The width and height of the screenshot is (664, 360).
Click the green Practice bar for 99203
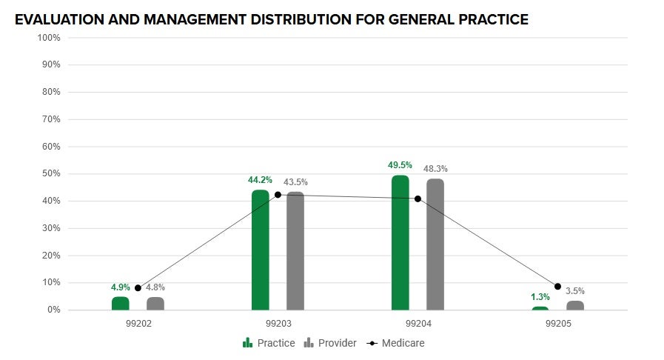260,250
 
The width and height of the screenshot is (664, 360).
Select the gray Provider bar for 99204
435,244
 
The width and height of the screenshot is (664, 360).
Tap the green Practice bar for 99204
400,243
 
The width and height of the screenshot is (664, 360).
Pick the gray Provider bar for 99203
295,251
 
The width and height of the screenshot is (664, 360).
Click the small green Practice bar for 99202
120,304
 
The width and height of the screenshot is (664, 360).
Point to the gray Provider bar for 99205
575,305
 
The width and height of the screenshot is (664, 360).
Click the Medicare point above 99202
138,288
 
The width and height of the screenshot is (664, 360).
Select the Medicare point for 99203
278,195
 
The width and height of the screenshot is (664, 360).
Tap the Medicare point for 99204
417,199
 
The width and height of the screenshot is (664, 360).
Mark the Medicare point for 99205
557,287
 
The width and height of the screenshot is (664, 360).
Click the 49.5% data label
400,165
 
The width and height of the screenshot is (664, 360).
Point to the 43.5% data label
295,182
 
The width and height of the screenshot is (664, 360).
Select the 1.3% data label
540,297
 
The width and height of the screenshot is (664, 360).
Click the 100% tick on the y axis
48,38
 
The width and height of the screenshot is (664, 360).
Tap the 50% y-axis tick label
50,174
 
